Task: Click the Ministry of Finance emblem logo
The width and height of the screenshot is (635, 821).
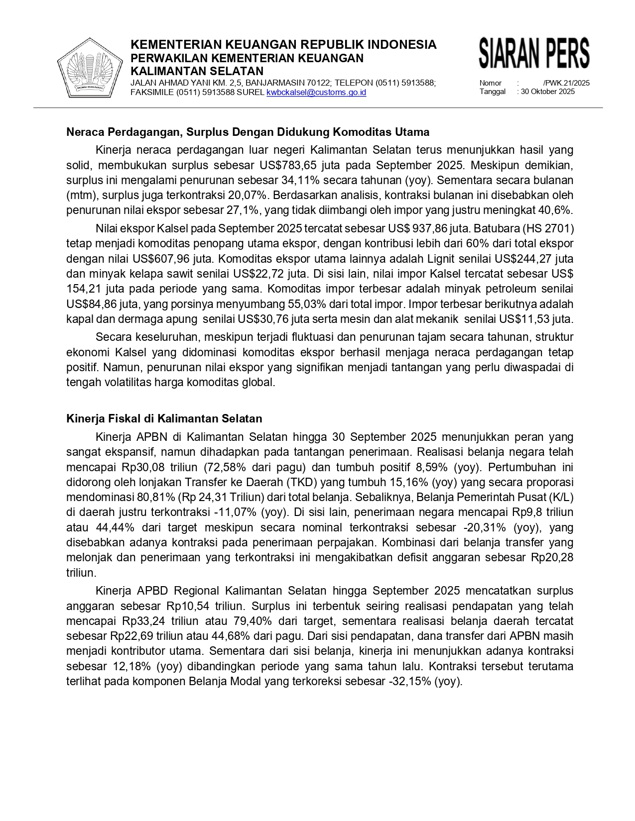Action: tap(90, 68)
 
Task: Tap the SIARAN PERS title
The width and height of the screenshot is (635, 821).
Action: tap(534, 53)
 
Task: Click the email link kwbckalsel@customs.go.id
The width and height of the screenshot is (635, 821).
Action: tap(316, 93)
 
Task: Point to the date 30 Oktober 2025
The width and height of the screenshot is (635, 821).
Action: tap(548, 92)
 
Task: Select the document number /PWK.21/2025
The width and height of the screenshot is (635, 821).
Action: tap(566, 83)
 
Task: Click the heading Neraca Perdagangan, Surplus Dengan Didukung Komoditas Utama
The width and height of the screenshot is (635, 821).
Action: tap(248, 132)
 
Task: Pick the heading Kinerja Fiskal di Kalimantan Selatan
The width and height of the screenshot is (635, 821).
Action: tap(164, 419)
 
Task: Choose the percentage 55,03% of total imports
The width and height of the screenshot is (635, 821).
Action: tap(305, 304)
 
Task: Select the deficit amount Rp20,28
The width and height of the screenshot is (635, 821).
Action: tap(552, 558)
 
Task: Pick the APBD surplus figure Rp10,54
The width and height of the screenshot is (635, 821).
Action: tap(188, 606)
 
